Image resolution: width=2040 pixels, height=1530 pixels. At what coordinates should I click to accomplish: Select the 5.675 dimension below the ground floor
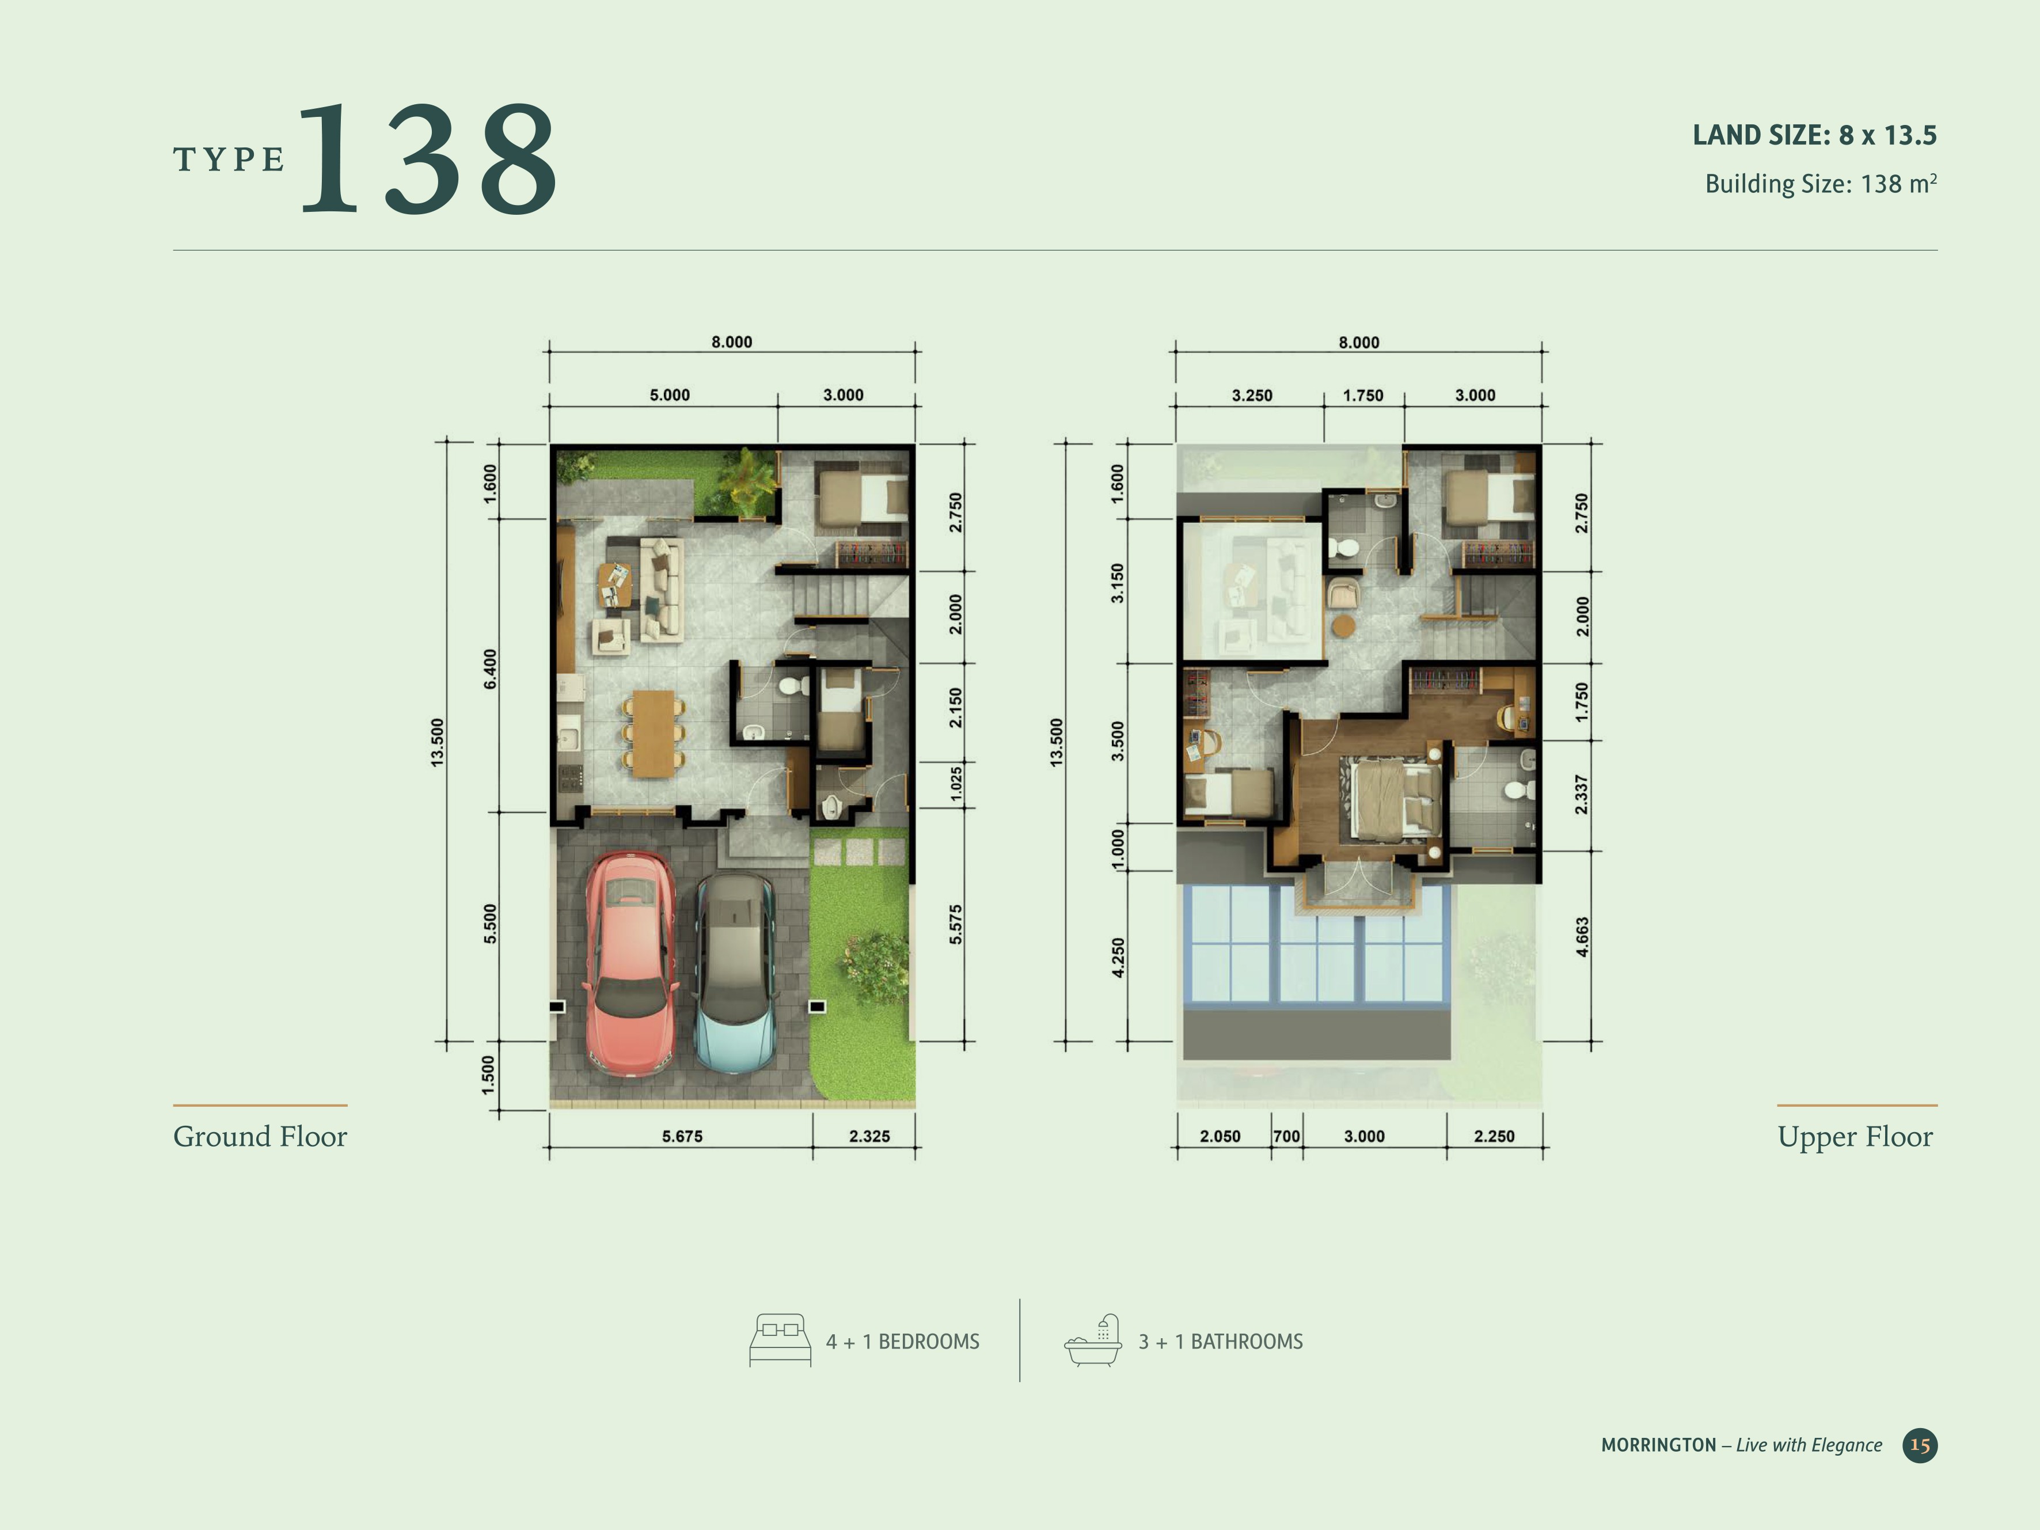coord(682,1136)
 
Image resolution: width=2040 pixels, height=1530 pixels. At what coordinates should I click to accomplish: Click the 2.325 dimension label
coord(869,1136)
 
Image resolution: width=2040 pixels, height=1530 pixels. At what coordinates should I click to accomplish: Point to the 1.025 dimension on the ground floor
coord(955,784)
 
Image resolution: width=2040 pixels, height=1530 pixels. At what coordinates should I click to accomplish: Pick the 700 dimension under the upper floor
coord(1286,1136)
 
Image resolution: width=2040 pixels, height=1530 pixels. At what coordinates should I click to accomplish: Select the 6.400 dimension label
coord(490,669)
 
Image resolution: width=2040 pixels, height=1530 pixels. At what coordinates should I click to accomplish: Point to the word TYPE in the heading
coord(229,160)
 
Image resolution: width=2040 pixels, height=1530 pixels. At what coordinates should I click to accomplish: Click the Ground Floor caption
coord(260,1136)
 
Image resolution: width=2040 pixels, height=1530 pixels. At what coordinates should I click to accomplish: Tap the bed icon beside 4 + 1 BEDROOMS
coord(780,1340)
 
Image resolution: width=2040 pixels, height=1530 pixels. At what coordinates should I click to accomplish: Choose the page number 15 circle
coord(1920,1445)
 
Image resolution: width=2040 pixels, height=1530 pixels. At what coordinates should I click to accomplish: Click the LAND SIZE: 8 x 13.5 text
coord(1814,135)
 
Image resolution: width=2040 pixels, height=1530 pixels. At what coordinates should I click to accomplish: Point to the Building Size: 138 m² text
coord(1821,184)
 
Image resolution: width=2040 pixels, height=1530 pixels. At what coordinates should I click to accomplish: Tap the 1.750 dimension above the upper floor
coord(1362,396)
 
